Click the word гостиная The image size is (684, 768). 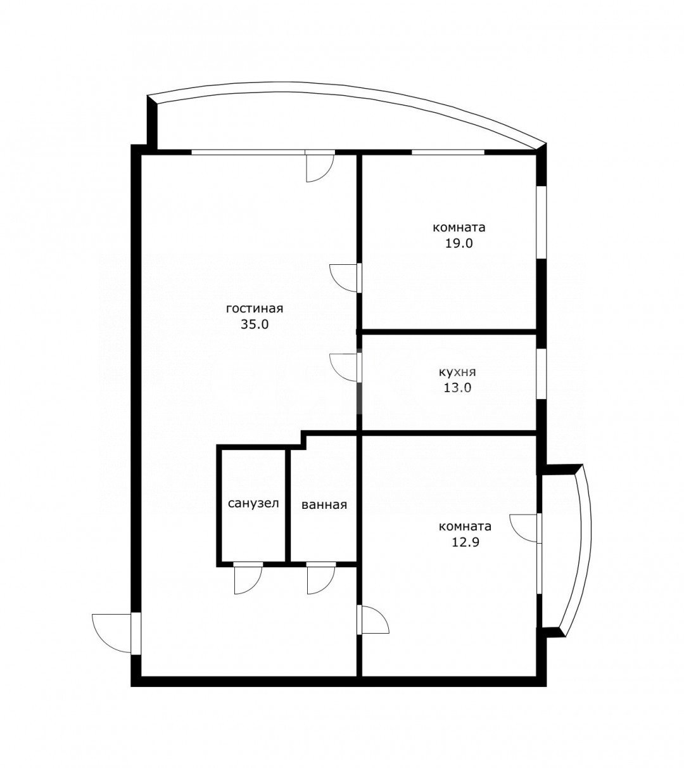tap(254, 309)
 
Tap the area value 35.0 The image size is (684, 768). tap(255, 324)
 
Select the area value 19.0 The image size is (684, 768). tap(459, 243)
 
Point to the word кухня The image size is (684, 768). tap(457, 372)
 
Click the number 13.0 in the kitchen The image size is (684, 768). tap(457, 388)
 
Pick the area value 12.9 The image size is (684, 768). tap(465, 542)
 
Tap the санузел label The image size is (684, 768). tap(253, 503)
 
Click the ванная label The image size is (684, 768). tap(324, 505)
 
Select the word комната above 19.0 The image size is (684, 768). tap(459, 227)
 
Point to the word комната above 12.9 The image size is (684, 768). tap(465, 527)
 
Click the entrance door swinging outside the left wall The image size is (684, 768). tap(115, 633)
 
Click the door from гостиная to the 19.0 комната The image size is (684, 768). tap(345, 278)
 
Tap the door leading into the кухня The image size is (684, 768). tap(345, 368)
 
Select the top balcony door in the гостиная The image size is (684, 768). tap(320, 166)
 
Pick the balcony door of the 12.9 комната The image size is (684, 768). tap(526, 528)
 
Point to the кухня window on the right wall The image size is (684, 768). tap(541, 374)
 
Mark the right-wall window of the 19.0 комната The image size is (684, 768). tap(541, 222)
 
